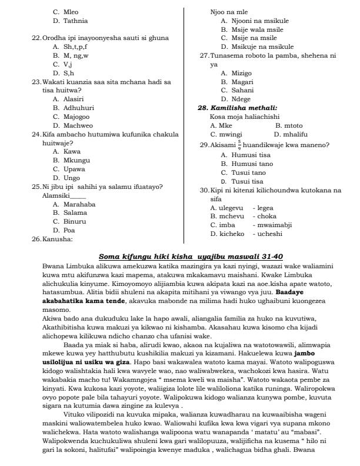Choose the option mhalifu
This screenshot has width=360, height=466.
pyautogui.click(x=300, y=134)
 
